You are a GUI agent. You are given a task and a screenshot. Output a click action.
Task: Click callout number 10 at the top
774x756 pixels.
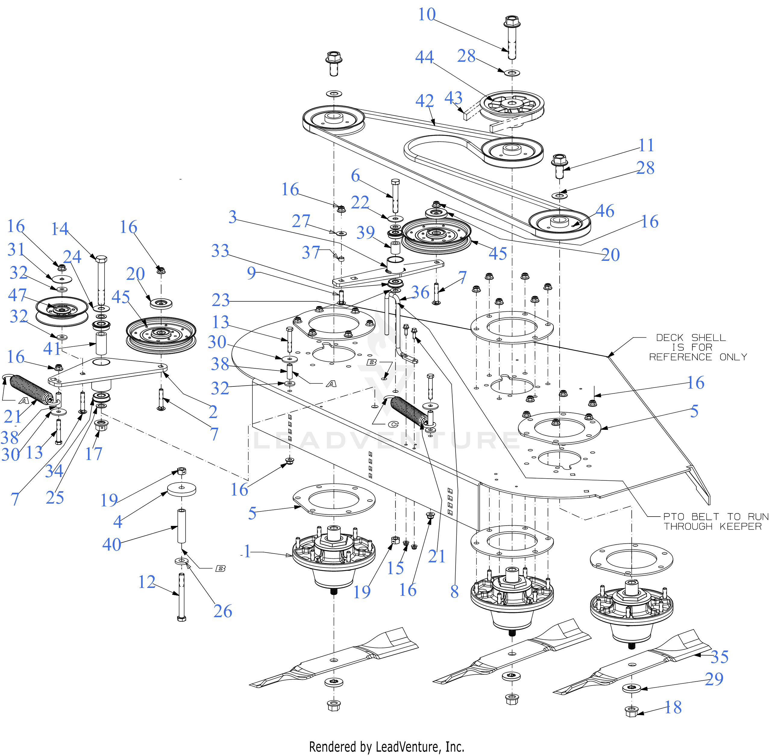(x=427, y=15)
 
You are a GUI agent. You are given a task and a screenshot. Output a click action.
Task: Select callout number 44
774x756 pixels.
(x=424, y=57)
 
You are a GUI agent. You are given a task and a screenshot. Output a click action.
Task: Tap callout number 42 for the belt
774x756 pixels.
(x=424, y=101)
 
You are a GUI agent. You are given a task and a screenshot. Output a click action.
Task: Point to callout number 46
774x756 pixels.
(x=605, y=211)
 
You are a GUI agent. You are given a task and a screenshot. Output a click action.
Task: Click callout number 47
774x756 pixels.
(x=17, y=295)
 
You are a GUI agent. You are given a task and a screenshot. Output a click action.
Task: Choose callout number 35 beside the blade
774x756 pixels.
(x=719, y=657)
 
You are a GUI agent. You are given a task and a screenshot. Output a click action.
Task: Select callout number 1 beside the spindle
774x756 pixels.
(x=247, y=551)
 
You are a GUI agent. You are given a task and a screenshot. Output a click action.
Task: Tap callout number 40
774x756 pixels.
(x=111, y=544)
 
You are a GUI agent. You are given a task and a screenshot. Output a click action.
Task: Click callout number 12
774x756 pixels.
(x=146, y=582)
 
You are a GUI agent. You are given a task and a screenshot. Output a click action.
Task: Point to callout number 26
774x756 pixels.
(x=222, y=611)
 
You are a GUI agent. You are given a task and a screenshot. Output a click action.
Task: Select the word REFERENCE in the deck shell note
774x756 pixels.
(x=680, y=357)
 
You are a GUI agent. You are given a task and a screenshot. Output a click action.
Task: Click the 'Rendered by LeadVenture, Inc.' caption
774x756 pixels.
(x=387, y=747)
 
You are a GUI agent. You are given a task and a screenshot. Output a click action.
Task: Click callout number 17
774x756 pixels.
(x=94, y=453)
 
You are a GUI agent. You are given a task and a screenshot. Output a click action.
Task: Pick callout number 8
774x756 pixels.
(x=455, y=592)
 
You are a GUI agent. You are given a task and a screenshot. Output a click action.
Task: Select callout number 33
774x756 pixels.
(x=220, y=251)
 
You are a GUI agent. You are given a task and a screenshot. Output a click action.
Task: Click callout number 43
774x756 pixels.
(x=453, y=98)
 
